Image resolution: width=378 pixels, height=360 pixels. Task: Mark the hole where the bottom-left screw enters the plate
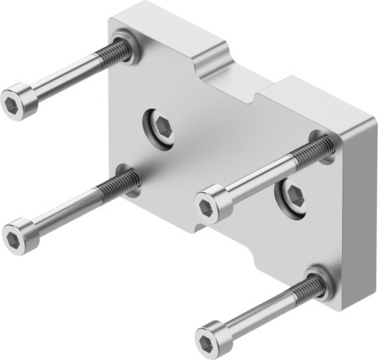click(x=127, y=180)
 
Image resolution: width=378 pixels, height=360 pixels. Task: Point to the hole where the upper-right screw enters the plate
click(x=324, y=145)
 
